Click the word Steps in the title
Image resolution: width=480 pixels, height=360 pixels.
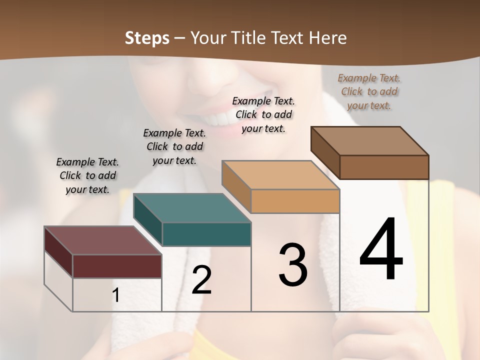147,38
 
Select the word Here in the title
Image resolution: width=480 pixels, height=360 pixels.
327,38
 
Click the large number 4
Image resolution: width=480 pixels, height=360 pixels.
381,250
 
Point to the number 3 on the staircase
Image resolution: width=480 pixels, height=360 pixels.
293,265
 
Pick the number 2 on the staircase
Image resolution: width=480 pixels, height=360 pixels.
201,280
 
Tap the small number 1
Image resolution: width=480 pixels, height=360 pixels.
116,295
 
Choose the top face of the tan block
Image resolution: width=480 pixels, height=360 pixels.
280,175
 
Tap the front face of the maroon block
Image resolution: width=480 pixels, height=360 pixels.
117,266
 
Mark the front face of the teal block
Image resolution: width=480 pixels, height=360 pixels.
206,234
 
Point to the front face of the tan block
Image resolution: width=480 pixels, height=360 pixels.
295,201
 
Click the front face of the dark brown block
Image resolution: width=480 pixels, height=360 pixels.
384,167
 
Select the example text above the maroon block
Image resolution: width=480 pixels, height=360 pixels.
87,175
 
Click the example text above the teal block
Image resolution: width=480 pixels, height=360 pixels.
174,146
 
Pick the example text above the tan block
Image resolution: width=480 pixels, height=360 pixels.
263,114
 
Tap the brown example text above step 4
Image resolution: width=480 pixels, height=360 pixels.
369,91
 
